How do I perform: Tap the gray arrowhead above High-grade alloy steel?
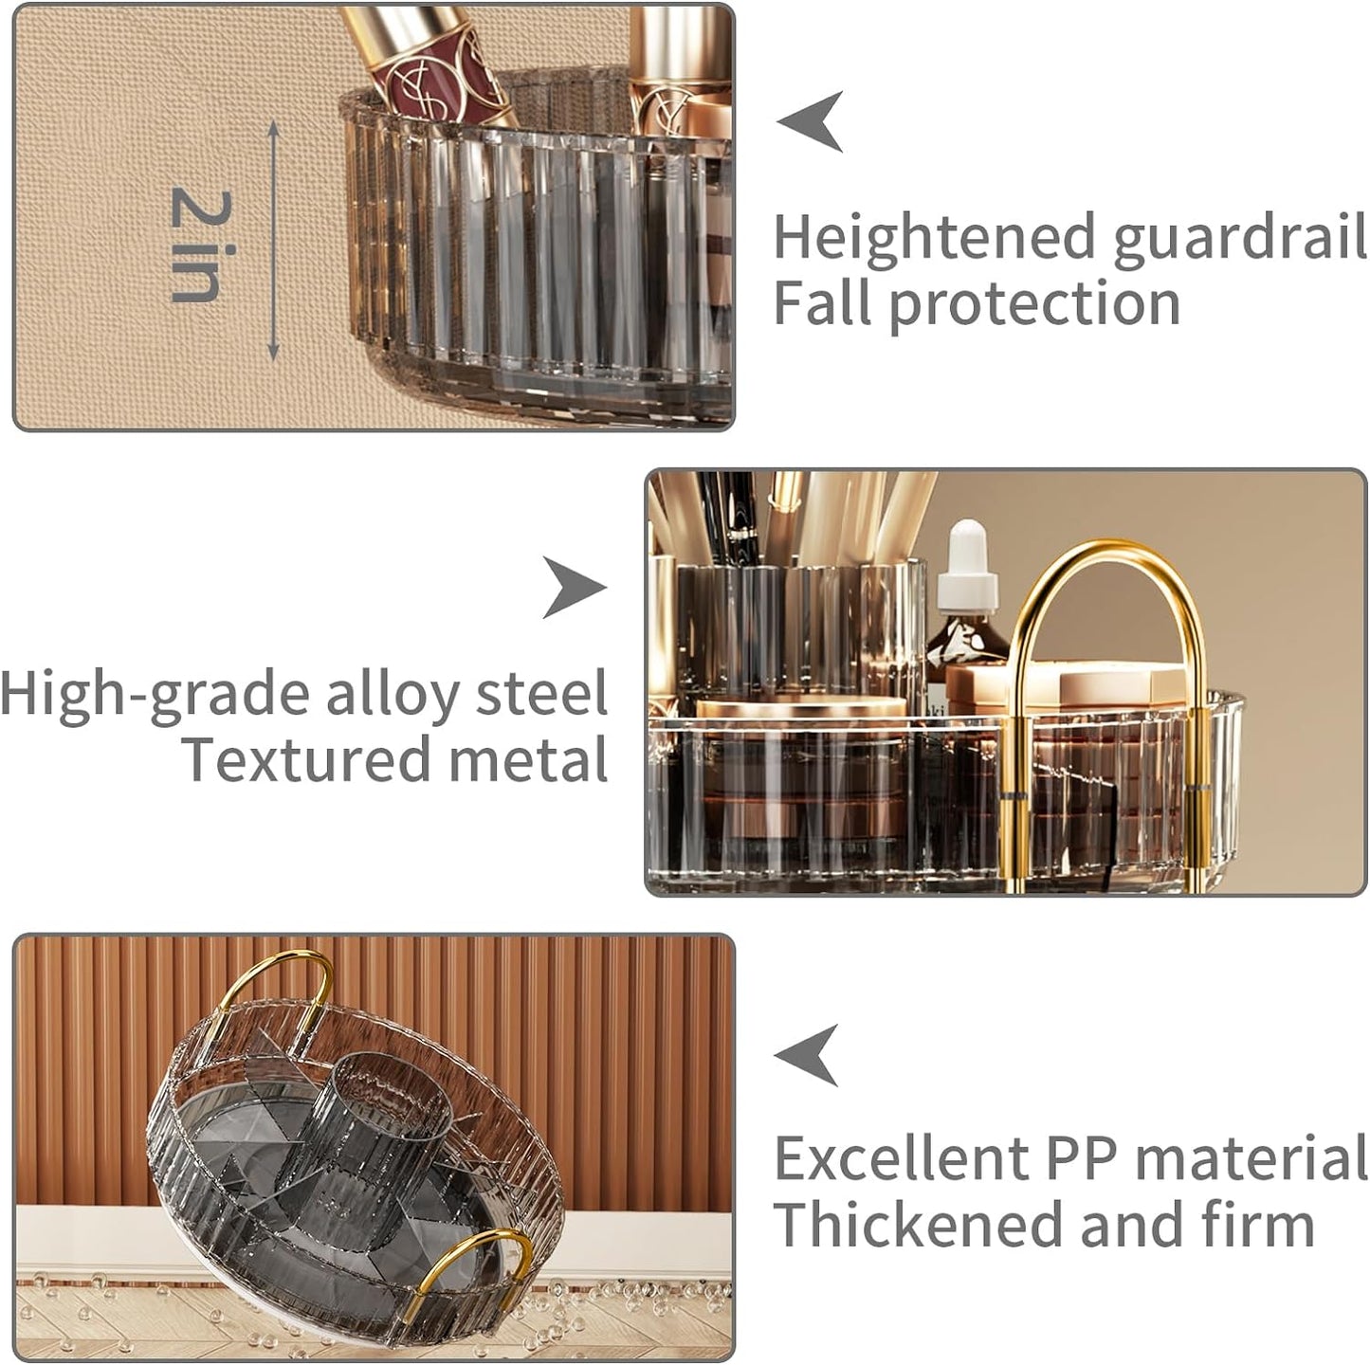[x=575, y=588]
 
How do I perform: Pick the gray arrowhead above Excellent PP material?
[x=807, y=1056]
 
